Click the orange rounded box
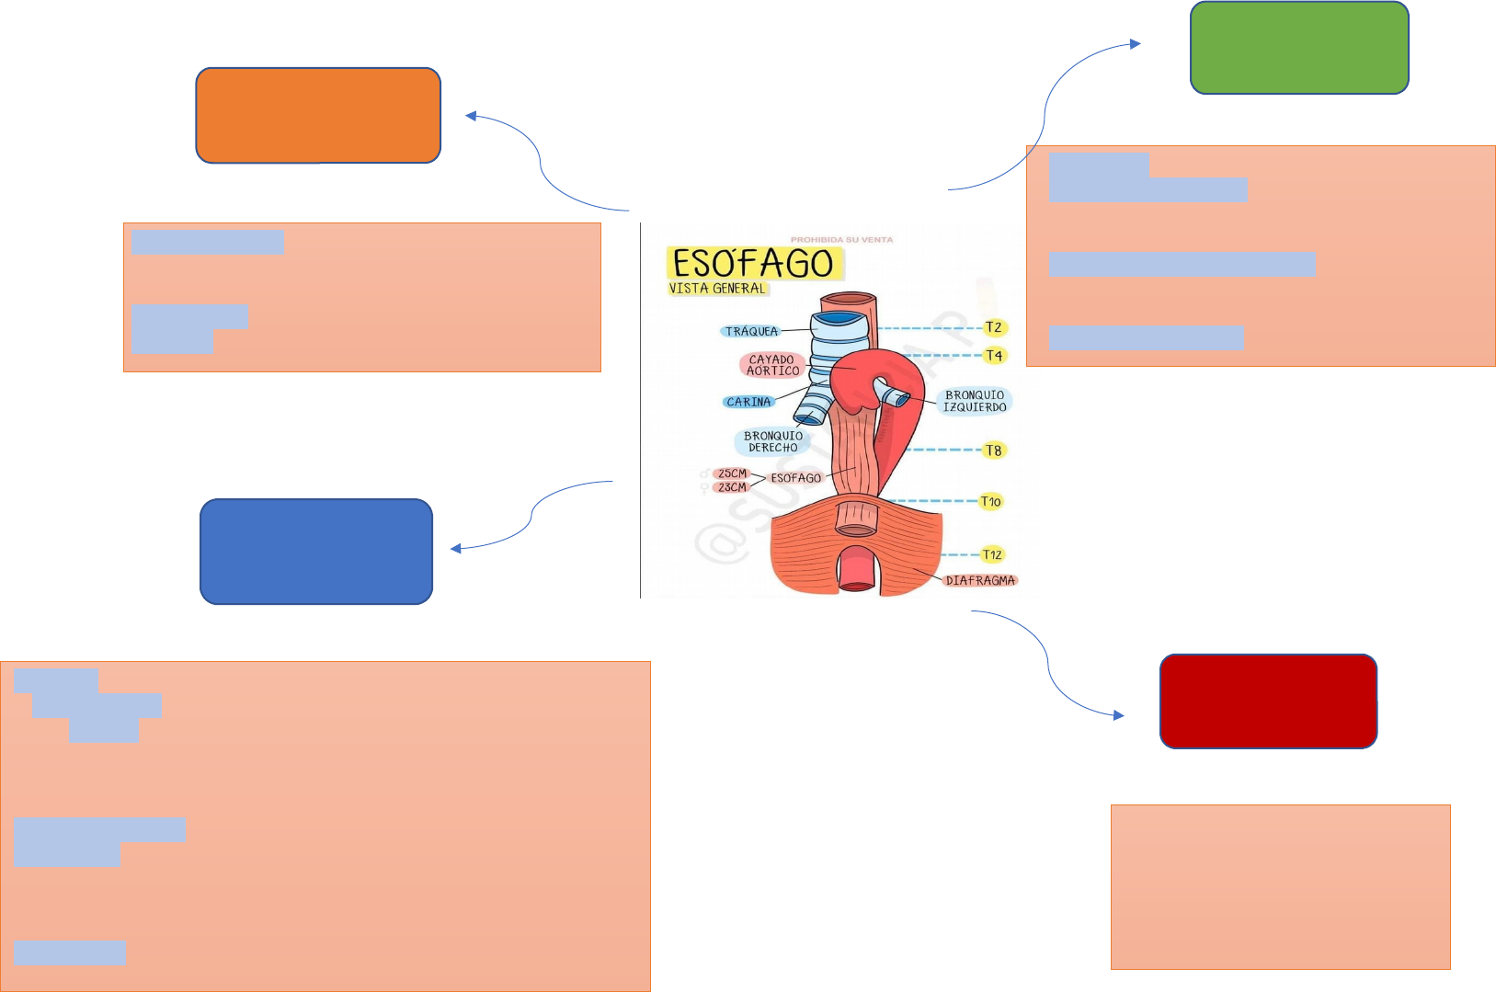point(318,116)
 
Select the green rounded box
point(1299,48)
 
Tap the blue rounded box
point(316,552)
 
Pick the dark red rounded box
point(1268,701)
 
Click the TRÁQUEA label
point(751,331)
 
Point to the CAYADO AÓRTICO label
point(772,366)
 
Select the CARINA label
point(748,402)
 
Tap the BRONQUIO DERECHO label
point(772,442)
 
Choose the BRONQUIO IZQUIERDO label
point(975,401)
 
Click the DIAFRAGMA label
point(980,580)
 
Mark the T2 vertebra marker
point(994,327)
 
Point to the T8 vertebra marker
point(994,450)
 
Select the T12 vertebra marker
point(992,554)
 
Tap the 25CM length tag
point(732,473)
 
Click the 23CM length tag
point(732,487)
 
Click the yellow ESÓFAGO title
point(753,264)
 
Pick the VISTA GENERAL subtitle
point(717,289)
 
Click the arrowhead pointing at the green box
point(1136,43)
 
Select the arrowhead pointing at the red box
point(1119,715)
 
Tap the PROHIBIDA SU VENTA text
point(841,240)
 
